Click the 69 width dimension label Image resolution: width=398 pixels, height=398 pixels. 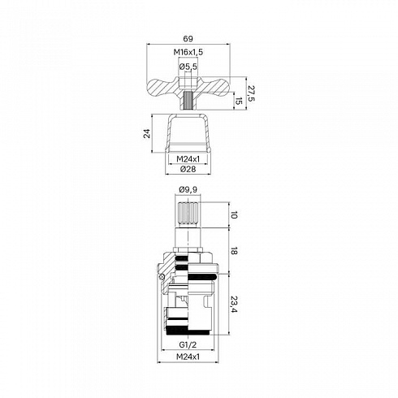coord(188,39)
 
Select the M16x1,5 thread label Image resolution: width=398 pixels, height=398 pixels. coord(188,52)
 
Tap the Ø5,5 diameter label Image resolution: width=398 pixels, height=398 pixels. coord(188,67)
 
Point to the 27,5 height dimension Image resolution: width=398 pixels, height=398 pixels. coord(251,93)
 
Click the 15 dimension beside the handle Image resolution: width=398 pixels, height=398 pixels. coord(238,102)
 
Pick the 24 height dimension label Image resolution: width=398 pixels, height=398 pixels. coord(146,134)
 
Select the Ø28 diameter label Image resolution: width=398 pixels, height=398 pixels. coord(188,169)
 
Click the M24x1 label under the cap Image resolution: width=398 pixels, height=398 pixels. coord(188,159)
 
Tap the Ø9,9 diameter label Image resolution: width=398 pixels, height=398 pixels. coord(188,190)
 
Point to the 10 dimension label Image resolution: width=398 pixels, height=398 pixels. coord(234,215)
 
